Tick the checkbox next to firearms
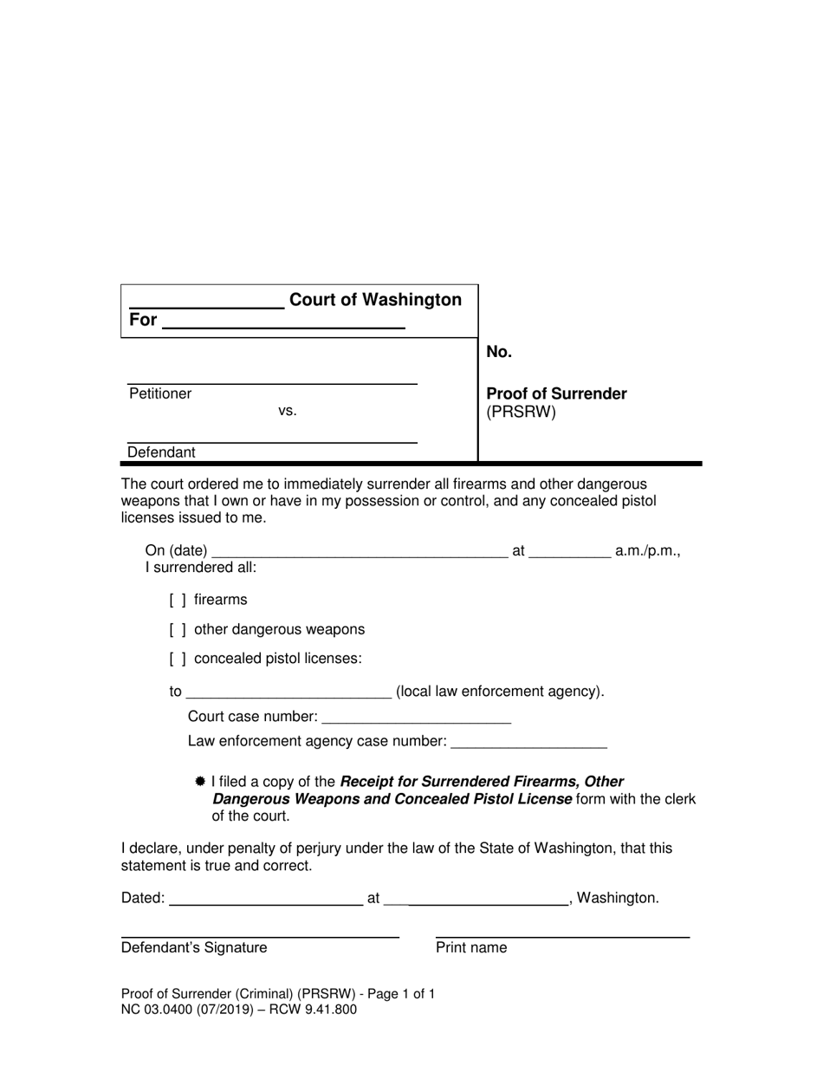click(x=178, y=600)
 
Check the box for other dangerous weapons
click(x=178, y=629)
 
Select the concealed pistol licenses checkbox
click(x=178, y=659)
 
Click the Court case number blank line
click(x=416, y=718)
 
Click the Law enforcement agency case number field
click(x=529, y=743)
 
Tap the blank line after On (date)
click(x=360, y=553)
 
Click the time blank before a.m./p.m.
click(x=569, y=553)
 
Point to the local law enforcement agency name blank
click(x=289, y=693)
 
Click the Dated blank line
click(x=266, y=900)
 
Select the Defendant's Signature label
click(x=194, y=947)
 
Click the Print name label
click(x=471, y=947)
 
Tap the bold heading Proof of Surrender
click(x=556, y=393)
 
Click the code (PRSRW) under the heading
click(x=521, y=412)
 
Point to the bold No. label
click(x=499, y=351)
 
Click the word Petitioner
click(x=160, y=393)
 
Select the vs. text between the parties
click(x=288, y=411)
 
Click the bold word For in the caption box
click(x=143, y=320)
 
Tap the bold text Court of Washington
click(x=375, y=300)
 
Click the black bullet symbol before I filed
click(x=200, y=781)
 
